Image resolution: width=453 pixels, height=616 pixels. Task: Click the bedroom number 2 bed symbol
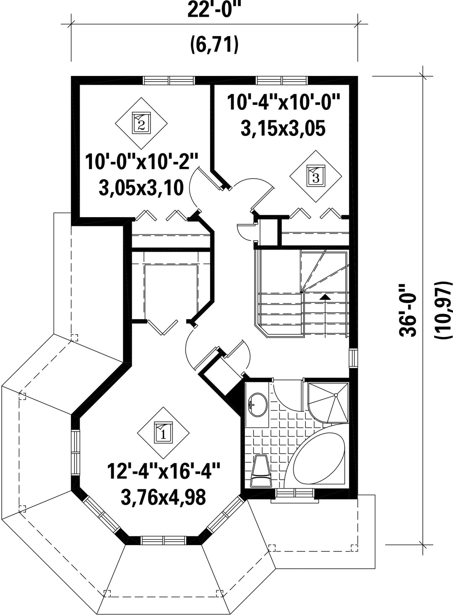[x=141, y=122]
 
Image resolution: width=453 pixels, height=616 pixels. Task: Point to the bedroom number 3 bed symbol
[x=316, y=176]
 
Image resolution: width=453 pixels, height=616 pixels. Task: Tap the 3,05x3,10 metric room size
[x=141, y=188]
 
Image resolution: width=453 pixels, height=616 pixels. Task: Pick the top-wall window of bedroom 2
[x=169, y=81]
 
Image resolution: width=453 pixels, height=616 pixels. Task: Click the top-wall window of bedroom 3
[x=282, y=81]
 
